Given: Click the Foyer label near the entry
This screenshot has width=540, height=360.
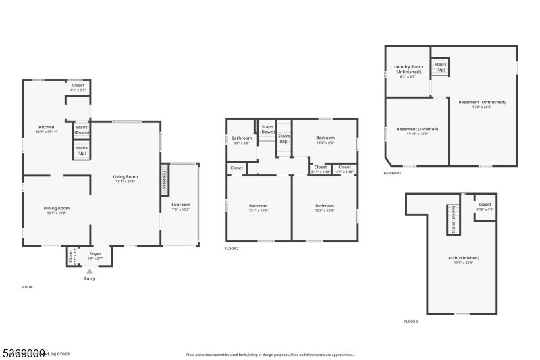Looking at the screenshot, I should click(95, 255).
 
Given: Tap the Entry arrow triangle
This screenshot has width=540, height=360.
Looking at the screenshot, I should click(90, 271).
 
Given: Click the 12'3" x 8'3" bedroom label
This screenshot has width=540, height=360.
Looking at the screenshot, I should click(325, 140).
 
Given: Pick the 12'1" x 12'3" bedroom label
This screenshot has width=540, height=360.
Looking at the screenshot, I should click(259, 207).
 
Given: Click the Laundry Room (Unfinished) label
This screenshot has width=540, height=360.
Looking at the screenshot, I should click(408, 69).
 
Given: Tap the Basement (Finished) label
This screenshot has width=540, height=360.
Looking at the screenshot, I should click(416, 131).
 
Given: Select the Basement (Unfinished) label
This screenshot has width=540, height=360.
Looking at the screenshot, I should click(482, 104).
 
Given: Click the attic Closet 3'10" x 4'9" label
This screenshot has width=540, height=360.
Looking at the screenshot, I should click(485, 207).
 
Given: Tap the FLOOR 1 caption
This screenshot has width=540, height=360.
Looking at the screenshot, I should click(28, 287).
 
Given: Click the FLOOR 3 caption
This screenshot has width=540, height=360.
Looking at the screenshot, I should click(410, 322).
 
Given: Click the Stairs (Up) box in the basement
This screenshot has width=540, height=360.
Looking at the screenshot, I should click(440, 67).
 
